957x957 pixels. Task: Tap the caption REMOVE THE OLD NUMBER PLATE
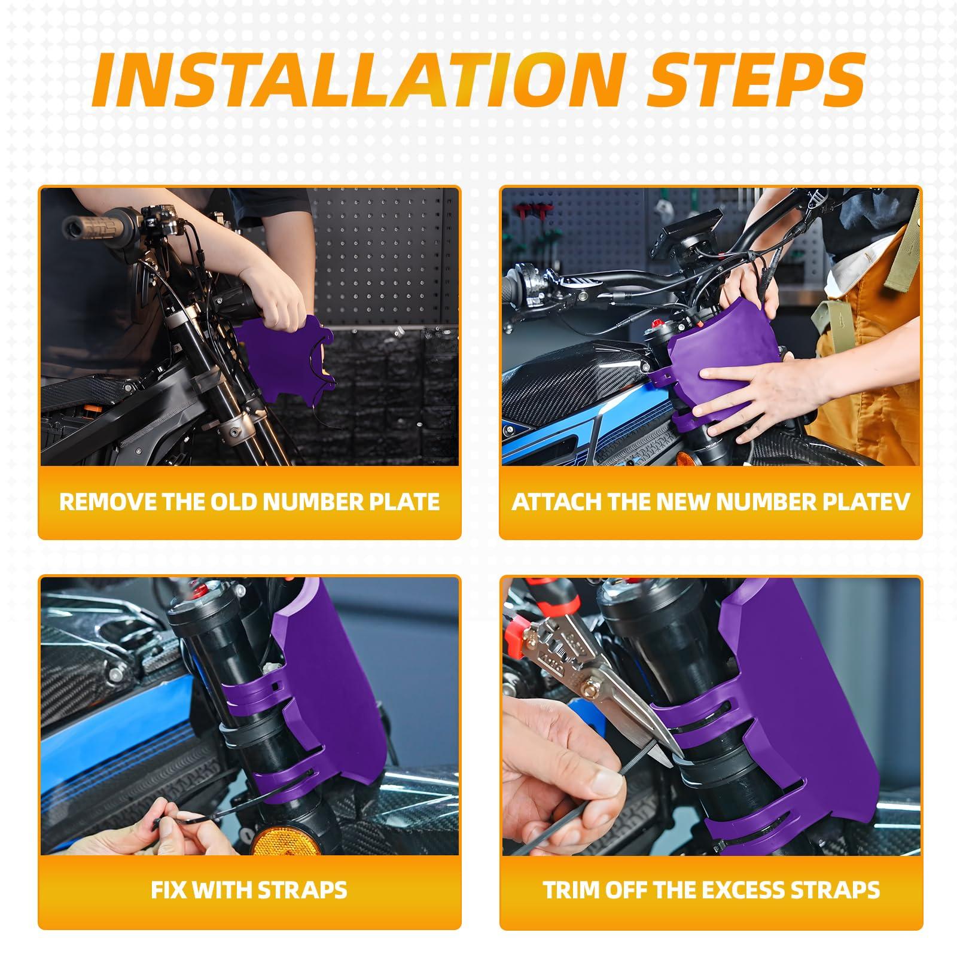click(249, 501)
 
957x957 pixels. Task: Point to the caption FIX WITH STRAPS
click(249, 889)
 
